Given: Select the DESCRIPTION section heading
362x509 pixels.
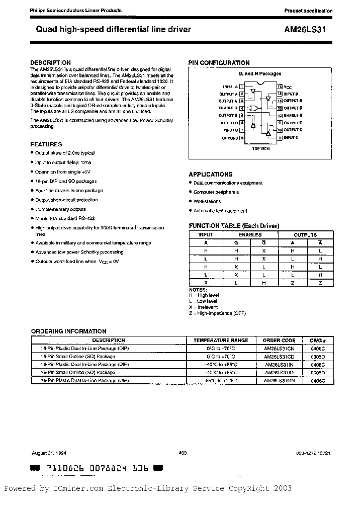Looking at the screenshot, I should tap(50, 63).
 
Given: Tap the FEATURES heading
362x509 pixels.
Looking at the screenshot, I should tap(46, 144).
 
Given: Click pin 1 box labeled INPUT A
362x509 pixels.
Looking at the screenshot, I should tap(242, 87).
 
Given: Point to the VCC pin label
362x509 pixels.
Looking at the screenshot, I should tap(288, 87).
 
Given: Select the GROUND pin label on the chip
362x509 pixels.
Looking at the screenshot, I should tap(230, 138).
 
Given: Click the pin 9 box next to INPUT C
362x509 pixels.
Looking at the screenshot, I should tap(280, 137).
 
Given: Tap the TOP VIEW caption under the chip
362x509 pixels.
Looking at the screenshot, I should tap(261, 149).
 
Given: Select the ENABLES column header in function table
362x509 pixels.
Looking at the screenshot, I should tap(250, 235).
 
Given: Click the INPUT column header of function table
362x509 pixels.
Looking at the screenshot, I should tap(206, 235).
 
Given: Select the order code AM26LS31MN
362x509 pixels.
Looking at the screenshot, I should tap(279, 381).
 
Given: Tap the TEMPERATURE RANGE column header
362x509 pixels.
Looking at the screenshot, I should tap(221, 340).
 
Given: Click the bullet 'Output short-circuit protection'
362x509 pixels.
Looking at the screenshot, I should tap(66, 200).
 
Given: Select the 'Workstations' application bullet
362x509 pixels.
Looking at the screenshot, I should tap(207, 202).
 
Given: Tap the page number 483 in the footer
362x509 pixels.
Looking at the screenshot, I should tap(183, 453).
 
